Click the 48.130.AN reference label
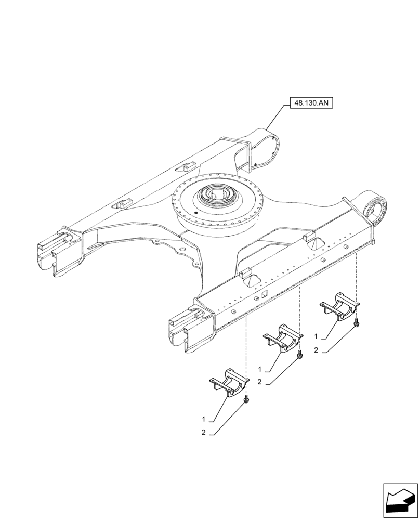point(311,103)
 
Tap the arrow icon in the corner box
point(400,500)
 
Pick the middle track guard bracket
point(284,339)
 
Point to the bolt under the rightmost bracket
point(356,324)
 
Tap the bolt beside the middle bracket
point(300,355)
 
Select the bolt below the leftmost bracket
point(245,400)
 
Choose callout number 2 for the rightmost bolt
point(316,350)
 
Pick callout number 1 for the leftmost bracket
point(204,419)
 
